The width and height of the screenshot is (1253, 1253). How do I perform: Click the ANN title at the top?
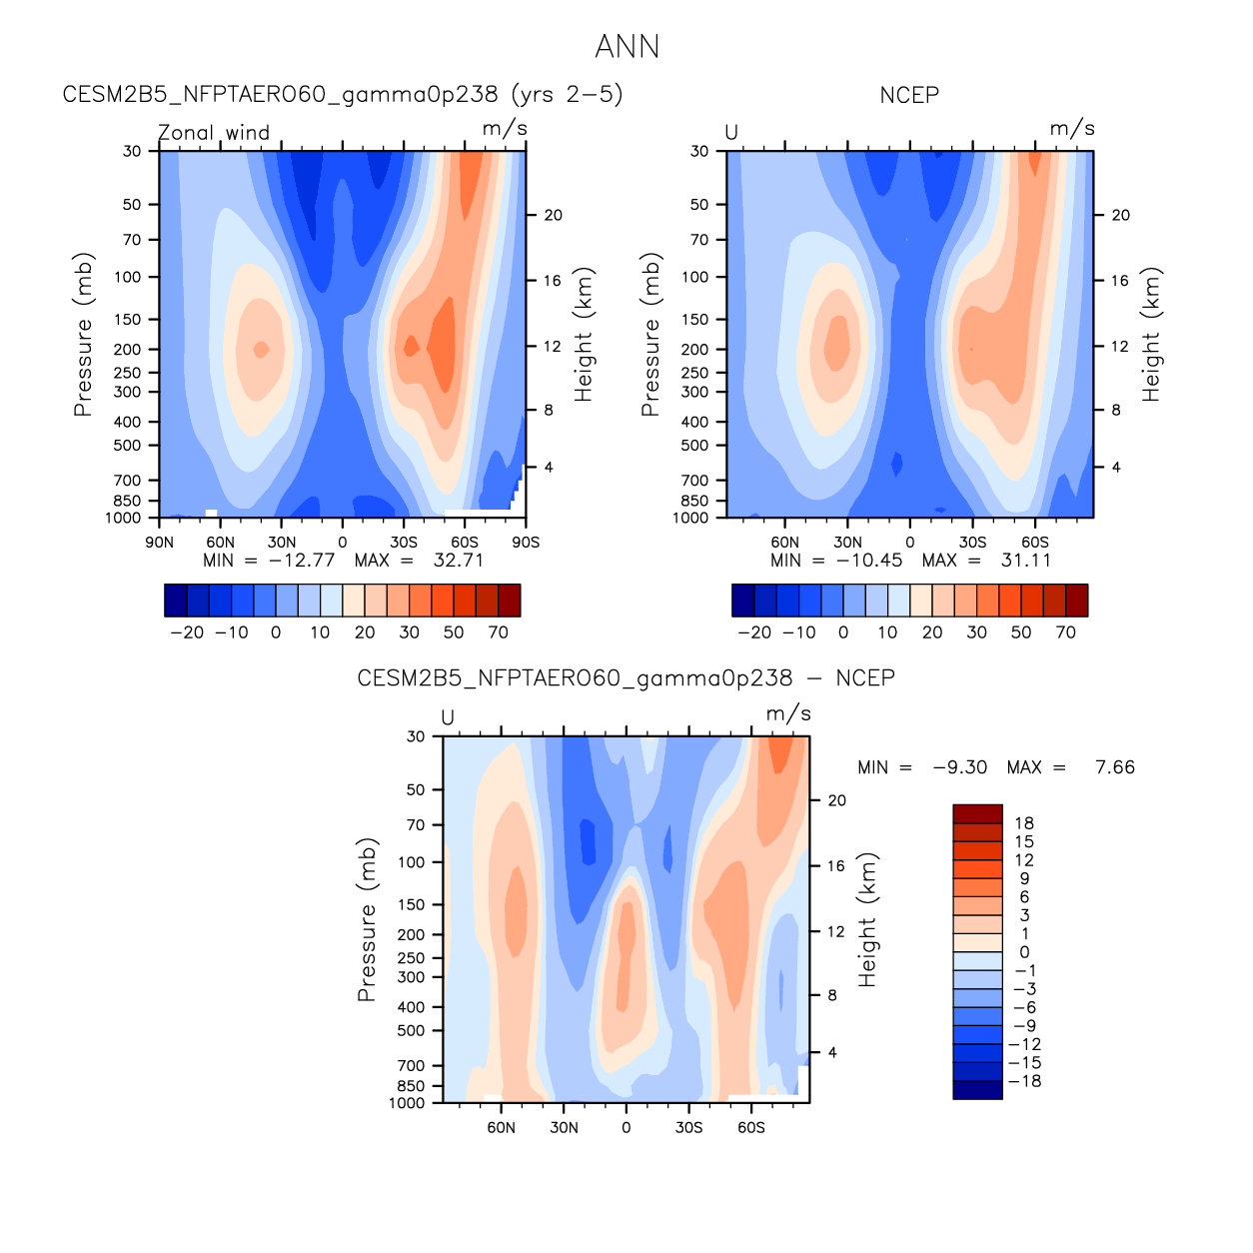[626, 47]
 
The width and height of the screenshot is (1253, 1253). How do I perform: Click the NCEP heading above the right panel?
[909, 96]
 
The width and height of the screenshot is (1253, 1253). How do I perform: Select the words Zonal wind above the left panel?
[214, 133]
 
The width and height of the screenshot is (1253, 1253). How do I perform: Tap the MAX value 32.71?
[459, 561]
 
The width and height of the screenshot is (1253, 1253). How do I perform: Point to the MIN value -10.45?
[869, 561]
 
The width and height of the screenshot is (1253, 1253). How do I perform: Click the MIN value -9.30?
[959, 767]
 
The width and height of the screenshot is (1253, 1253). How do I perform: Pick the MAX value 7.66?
[1115, 767]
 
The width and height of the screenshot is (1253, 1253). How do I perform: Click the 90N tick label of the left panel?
[160, 543]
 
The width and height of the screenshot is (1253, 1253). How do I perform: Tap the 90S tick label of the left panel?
[526, 543]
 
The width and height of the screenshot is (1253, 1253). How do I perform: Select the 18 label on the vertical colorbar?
[1024, 823]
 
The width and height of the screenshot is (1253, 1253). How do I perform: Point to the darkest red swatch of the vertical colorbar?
[977, 813]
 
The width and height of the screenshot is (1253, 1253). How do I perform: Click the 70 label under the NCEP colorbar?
[1066, 632]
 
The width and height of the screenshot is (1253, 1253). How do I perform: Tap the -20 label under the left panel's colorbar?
[187, 632]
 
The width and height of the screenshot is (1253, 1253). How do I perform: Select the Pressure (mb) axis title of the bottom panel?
[367, 920]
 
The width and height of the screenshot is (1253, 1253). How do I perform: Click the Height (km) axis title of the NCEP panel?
[1151, 335]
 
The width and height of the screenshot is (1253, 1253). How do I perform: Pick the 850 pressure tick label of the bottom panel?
[411, 1086]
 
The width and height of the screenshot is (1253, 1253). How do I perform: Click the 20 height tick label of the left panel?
[553, 215]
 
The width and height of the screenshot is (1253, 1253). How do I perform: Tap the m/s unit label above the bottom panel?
[788, 714]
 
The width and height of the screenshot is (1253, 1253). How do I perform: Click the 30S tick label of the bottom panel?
[688, 1128]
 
